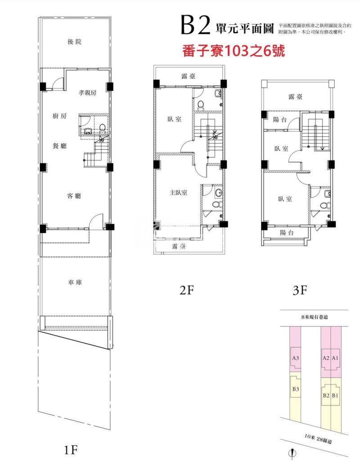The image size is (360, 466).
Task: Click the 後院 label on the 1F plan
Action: point(75,42)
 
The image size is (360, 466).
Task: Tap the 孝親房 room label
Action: point(88,93)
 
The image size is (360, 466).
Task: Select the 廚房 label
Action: point(59,116)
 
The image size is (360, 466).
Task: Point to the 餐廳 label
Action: point(59,145)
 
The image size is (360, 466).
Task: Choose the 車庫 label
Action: point(74,282)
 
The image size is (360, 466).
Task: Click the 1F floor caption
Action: point(72,449)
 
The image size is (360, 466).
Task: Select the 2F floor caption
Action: point(186,291)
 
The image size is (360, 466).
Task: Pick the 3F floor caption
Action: point(300,291)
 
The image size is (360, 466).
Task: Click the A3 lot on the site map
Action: point(296,358)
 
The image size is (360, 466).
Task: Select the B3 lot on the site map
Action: point(296,389)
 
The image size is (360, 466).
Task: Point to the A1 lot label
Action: point(335,358)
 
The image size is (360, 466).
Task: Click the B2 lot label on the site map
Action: point(326,396)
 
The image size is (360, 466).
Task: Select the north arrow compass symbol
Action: point(293,454)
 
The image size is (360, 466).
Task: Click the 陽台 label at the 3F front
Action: point(287,233)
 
